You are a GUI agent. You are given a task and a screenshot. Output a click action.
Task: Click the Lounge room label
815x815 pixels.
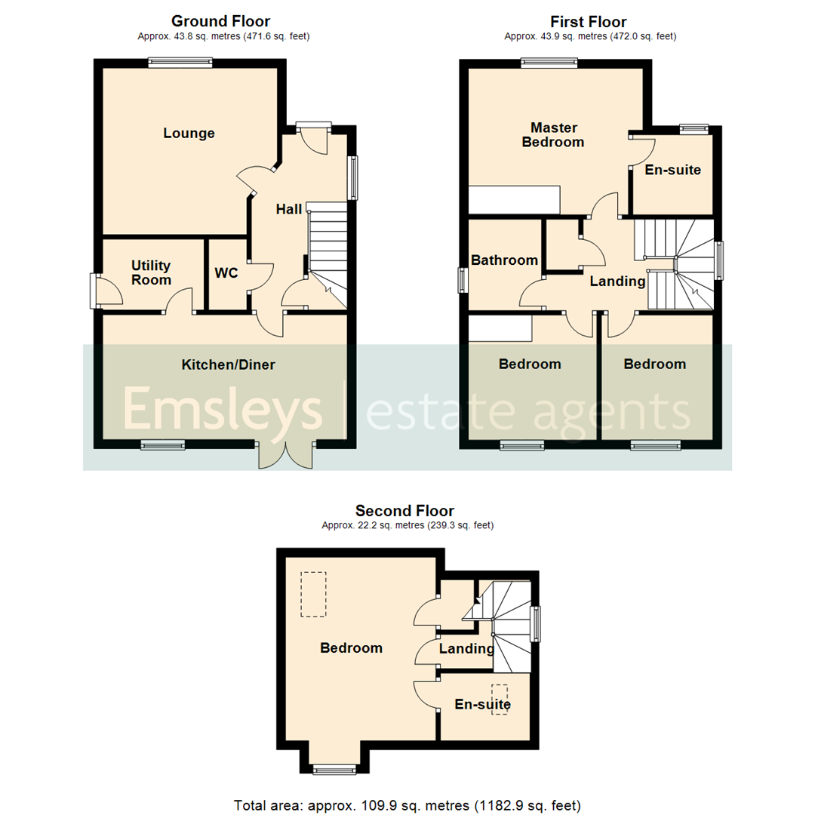[189, 134]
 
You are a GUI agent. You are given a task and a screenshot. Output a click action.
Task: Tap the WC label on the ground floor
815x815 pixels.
[226, 272]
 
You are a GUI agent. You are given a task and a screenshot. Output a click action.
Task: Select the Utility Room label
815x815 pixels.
[151, 272]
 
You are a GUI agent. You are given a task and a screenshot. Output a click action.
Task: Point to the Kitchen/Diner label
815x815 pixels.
[228, 365]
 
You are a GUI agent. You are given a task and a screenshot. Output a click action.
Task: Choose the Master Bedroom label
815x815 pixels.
[553, 134]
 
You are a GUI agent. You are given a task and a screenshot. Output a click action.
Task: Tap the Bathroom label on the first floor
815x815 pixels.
[504, 260]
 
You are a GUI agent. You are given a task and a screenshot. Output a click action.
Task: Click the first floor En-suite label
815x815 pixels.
[672, 170]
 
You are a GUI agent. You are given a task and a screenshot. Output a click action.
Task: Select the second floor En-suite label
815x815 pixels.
[482, 705]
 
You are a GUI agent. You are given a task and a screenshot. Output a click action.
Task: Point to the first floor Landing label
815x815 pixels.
[617, 281]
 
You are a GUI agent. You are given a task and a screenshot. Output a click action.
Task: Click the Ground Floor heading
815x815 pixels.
[220, 21]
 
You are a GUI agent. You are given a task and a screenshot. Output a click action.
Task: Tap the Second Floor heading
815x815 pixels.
[405, 511]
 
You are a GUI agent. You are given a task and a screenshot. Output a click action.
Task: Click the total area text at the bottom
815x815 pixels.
[407, 804]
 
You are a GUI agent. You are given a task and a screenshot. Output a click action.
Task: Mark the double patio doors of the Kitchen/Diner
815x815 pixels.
[285, 455]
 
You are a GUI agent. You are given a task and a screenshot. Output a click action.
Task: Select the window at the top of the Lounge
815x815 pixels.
[180, 63]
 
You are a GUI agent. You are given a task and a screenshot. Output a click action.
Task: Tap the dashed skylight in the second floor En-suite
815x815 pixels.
[500, 700]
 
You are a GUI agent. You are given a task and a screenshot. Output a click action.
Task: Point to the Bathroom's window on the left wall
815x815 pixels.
[463, 280]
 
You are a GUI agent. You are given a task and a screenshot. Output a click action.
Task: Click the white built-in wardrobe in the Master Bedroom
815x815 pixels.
[515, 201]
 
